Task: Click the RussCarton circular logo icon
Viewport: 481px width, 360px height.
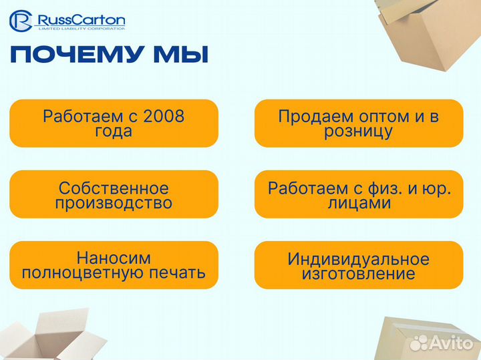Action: (x=22, y=21)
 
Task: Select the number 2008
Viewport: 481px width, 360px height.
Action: (x=164, y=116)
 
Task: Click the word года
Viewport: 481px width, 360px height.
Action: (x=114, y=131)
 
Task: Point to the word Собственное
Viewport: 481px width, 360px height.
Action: (x=114, y=188)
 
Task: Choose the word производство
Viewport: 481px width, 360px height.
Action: (x=114, y=203)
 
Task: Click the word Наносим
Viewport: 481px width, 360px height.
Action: (x=114, y=258)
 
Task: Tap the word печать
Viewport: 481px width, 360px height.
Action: (x=178, y=273)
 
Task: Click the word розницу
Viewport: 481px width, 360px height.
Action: (x=359, y=132)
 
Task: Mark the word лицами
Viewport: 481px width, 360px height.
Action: (x=359, y=204)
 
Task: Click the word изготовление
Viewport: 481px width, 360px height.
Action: (x=359, y=274)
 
